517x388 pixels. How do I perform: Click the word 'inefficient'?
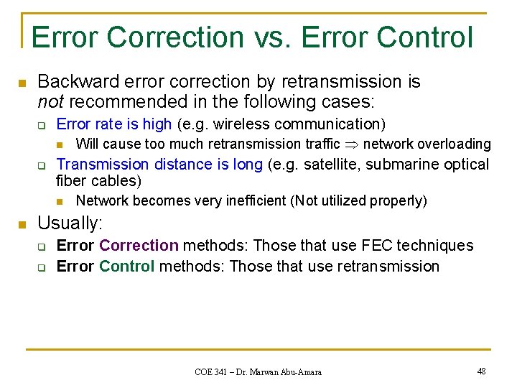(x=252, y=200)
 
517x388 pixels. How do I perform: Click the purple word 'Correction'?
(x=139, y=246)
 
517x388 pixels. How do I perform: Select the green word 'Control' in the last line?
(x=127, y=267)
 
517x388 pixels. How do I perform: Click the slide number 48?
(x=480, y=371)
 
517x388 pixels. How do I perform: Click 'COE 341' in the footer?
(x=212, y=372)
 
